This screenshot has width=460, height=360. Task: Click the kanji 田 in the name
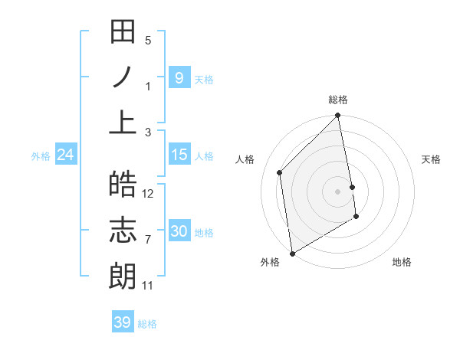[x=123, y=33]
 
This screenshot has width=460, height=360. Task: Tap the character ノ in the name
[x=123, y=77]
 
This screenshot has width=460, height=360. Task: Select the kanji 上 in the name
[x=123, y=122]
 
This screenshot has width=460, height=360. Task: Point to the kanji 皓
[x=123, y=185]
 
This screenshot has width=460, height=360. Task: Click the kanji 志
[x=123, y=230]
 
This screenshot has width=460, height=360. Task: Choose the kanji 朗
[x=123, y=274]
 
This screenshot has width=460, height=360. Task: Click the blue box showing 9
[x=179, y=77]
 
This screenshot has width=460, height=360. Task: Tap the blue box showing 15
[x=179, y=155]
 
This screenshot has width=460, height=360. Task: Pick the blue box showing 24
[x=66, y=155]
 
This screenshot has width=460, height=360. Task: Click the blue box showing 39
[x=122, y=322]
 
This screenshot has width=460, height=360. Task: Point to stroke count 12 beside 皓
[x=149, y=194]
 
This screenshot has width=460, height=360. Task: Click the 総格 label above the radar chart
[x=338, y=100]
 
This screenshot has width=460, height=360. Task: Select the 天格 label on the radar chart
[x=431, y=159]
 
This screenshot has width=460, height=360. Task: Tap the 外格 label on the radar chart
[x=270, y=262]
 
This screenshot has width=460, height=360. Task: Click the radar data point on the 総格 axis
[x=338, y=116]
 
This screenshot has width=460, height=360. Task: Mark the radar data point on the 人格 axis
[x=280, y=172]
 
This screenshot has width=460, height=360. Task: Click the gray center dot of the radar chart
[x=338, y=191]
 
